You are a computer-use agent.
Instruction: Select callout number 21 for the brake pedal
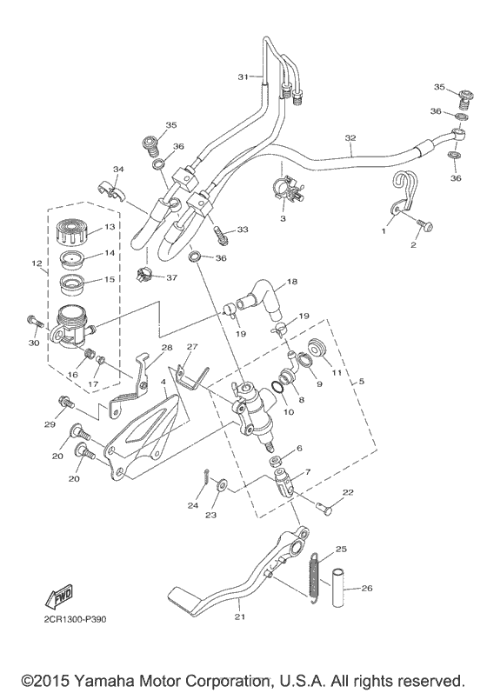(239, 616)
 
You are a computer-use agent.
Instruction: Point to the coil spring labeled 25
(313, 576)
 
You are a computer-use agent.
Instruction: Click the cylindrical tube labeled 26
(342, 588)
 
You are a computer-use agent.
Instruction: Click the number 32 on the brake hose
(350, 137)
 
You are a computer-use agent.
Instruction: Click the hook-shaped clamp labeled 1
(402, 193)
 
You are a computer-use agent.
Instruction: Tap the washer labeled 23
(220, 483)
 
